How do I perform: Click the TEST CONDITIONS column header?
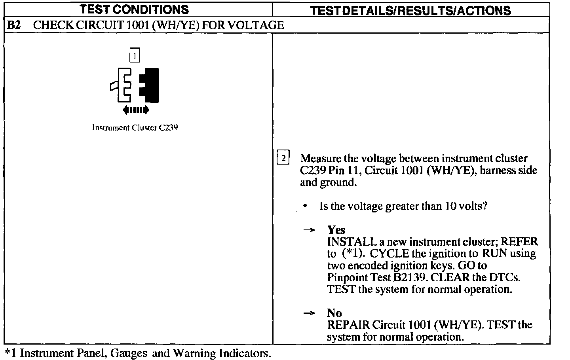[x=135, y=9]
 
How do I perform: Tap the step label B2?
[x=14, y=25]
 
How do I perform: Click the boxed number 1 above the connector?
[x=135, y=56]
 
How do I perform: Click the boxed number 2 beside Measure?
[x=283, y=157]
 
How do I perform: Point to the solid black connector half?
[x=150, y=85]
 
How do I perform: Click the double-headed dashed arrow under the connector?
[x=136, y=110]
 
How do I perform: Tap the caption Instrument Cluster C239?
[x=135, y=127]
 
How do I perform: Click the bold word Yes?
[x=336, y=230]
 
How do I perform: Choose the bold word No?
[x=334, y=313]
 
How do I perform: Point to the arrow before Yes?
[x=309, y=230]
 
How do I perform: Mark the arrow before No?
[x=309, y=313]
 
